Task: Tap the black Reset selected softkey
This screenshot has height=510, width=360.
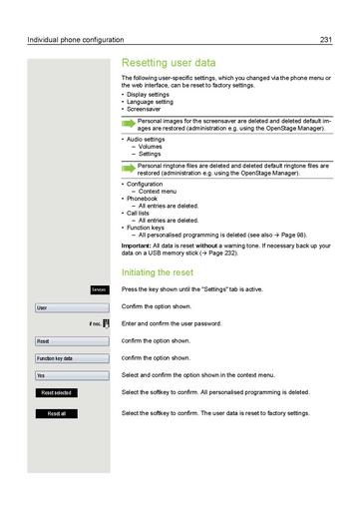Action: click(56, 393)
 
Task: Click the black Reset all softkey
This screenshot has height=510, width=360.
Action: click(56, 413)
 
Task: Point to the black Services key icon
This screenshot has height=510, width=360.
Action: click(98, 288)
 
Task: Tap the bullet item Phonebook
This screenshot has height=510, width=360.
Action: click(142, 200)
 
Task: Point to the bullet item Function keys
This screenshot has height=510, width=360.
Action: click(147, 228)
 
